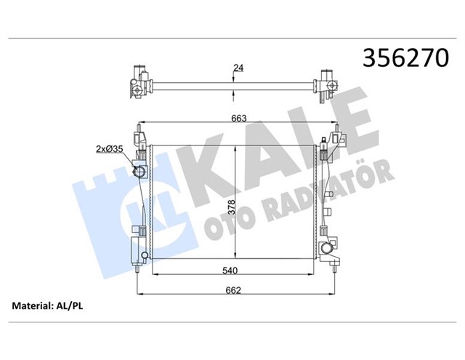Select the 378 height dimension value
pyautogui.click(x=230, y=207)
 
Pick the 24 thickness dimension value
pyautogui.click(x=238, y=70)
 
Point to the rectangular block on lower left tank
pyautogui.click(x=135, y=247)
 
